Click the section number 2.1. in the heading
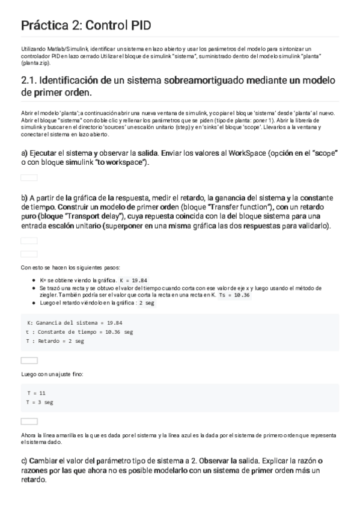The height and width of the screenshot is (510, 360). pos(29,81)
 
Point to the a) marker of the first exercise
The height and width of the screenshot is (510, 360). pos(24,153)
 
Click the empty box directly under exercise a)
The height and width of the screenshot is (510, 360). pos(29,177)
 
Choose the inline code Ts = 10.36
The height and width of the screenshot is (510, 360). pos(234,295)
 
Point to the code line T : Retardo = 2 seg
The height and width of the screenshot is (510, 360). pos(55,340)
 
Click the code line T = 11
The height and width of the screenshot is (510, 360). pos(36,393)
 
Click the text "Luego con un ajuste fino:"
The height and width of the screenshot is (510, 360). pos(52,375)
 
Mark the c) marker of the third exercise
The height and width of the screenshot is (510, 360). pos(24,461)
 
